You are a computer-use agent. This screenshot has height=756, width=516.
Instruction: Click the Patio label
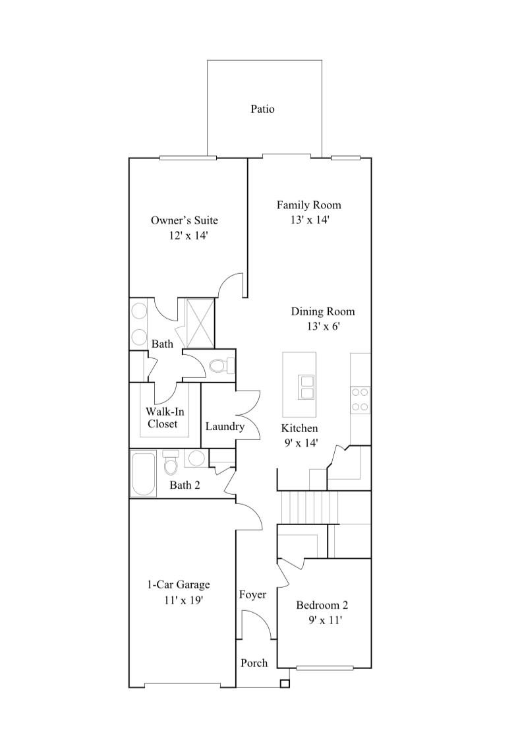(262, 110)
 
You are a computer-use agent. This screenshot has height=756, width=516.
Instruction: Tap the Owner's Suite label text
(184, 220)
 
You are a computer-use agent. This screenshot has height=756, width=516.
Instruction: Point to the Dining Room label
(322, 311)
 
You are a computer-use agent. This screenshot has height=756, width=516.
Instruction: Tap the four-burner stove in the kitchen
(360, 399)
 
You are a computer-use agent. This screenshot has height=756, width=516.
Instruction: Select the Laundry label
(225, 427)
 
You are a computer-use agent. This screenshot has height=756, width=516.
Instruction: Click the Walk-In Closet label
(162, 418)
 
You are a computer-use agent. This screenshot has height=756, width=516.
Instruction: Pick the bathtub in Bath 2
(144, 473)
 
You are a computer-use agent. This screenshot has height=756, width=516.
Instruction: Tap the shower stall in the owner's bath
(200, 323)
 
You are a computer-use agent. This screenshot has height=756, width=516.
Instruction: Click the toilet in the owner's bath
(220, 365)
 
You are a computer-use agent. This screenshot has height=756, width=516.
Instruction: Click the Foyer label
(252, 595)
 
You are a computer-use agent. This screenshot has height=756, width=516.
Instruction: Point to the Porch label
(254, 662)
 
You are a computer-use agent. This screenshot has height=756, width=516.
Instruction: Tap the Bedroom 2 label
(322, 605)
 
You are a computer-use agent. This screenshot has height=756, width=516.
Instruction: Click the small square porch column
(284, 683)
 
